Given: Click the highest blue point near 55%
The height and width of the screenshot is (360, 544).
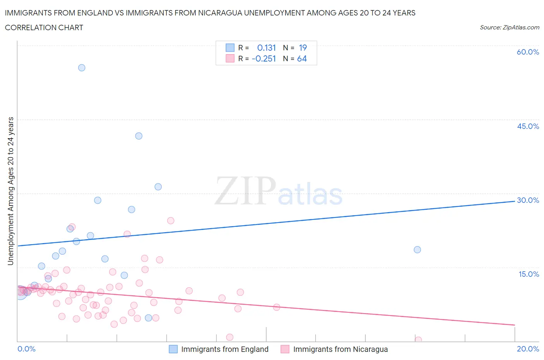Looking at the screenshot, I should click(x=82, y=68).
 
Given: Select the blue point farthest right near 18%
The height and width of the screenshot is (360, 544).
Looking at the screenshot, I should click(x=417, y=250).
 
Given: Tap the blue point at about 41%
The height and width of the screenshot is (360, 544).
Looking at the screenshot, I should click(x=139, y=136).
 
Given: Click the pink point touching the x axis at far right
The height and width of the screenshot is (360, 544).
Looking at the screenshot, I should click(x=418, y=340).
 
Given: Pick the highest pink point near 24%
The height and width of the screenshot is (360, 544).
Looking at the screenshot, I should click(x=171, y=221).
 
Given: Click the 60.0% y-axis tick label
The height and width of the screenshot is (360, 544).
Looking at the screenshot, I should click(x=528, y=52).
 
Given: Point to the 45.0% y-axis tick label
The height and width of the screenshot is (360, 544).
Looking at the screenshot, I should click(x=528, y=126).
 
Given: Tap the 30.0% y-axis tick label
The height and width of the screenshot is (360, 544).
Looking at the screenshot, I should click(x=528, y=200).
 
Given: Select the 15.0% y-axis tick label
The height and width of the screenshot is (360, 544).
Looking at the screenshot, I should click(x=529, y=274).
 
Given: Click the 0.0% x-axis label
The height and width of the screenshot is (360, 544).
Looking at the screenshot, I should click(x=26, y=349).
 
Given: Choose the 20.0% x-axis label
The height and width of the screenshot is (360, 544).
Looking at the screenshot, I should click(x=528, y=349).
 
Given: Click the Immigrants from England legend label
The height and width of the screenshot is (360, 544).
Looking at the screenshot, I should click(x=224, y=349).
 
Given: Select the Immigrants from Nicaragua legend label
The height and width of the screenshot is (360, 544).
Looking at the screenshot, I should click(x=340, y=349).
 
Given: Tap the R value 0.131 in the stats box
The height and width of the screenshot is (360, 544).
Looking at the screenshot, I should click(x=266, y=48).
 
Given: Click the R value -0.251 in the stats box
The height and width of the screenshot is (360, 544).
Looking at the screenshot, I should click(x=263, y=58).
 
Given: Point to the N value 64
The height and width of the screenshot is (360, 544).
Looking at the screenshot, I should click(x=302, y=58).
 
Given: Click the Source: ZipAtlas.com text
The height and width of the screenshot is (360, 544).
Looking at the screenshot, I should click(x=509, y=27).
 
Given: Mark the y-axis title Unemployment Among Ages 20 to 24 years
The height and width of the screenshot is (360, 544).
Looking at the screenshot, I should click(x=10, y=191).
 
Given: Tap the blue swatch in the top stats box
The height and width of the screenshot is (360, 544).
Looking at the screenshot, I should click(x=230, y=48).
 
